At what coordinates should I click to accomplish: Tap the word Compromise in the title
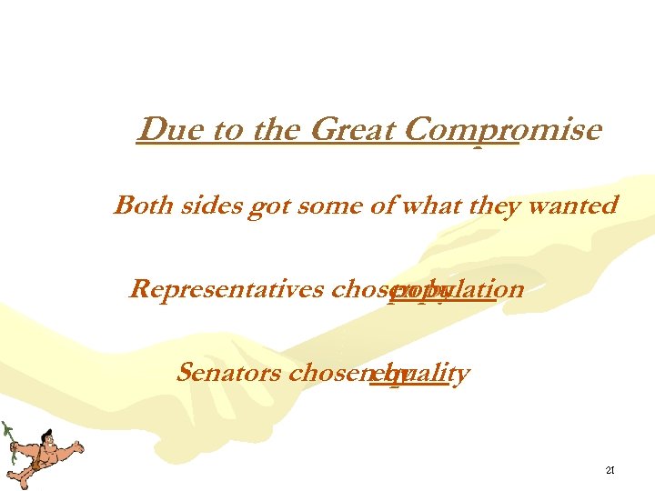pos(502,131)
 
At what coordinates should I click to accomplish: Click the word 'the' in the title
pos(269,131)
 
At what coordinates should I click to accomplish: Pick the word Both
pos(140,205)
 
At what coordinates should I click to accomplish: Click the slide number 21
pos(610,471)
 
